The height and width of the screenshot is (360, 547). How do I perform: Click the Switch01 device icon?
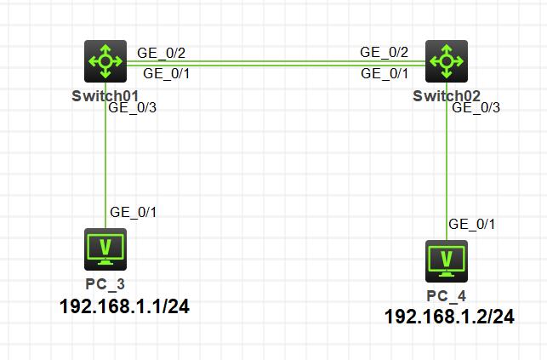105,61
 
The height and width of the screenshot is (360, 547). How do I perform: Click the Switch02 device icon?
447,61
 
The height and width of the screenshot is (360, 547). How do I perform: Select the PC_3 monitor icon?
105,249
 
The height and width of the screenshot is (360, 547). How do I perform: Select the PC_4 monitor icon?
447,260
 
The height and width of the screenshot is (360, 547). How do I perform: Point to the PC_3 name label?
105,283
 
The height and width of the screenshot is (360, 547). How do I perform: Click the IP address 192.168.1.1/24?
124,306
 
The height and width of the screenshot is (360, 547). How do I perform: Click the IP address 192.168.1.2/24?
449,317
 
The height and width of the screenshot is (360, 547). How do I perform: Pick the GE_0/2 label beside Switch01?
162,53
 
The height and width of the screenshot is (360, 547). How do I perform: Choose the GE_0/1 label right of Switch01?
167,74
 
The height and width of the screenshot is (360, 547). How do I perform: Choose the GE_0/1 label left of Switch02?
385,74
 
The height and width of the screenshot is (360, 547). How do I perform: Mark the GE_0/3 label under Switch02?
476,107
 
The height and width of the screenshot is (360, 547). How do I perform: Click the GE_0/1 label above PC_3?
133,212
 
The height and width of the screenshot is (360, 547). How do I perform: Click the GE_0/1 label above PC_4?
472,224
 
